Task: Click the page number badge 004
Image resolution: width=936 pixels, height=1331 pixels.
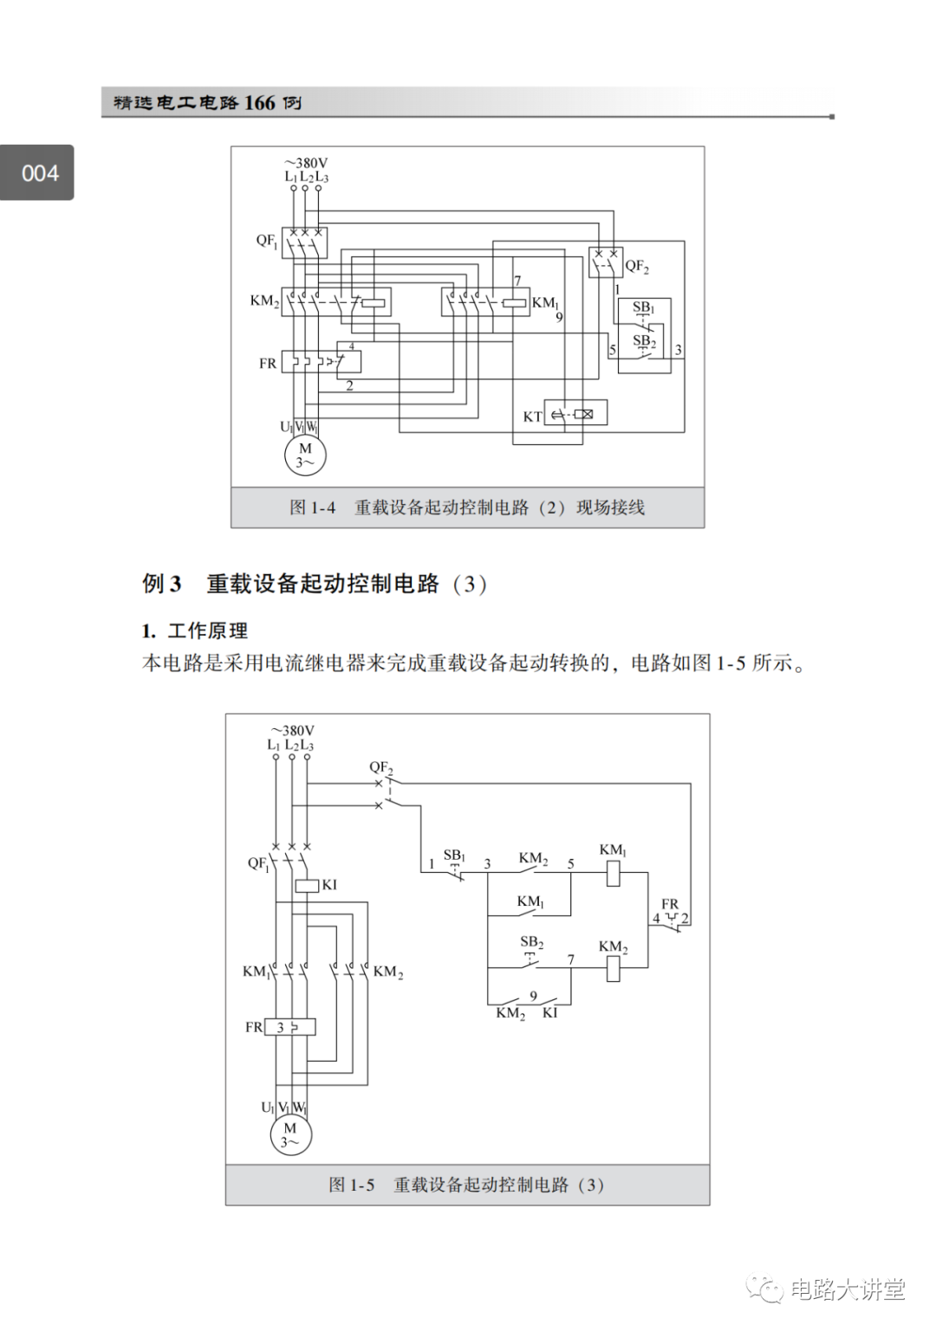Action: [x=39, y=173]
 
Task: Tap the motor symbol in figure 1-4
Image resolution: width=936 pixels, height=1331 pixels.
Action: [x=305, y=456]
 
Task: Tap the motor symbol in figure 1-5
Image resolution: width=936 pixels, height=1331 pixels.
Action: [x=289, y=1134]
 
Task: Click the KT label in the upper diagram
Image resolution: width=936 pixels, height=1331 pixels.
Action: [x=532, y=417]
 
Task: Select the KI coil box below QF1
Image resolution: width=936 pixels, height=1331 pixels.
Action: [x=307, y=885]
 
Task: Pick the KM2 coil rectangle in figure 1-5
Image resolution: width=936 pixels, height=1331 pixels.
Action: [x=613, y=968]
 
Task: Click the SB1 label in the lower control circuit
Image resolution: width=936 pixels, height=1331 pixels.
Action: [x=454, y=856]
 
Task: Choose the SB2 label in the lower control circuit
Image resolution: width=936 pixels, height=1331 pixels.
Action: [x=531, y=941]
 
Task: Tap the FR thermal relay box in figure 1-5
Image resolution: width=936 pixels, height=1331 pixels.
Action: [x=290, y=1027]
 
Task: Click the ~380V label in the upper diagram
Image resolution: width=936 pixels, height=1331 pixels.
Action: [x=306, y=163]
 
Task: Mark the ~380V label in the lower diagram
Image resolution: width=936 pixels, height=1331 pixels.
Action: [x=292, y=731]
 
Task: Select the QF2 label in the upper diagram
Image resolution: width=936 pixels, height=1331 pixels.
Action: [x=637, y=266]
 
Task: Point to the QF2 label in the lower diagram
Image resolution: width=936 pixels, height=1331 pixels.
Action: [x=381, y=767]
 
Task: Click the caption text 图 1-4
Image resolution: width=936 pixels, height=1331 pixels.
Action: [x=312, y=507]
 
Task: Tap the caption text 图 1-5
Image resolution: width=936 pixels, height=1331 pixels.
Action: [x=351, y=1185]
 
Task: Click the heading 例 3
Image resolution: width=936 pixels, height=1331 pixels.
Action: [x=162, y=584]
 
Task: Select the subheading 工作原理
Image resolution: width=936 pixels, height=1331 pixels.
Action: [x=207, y=630]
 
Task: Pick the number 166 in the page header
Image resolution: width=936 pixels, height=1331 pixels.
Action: [x=259, y=102]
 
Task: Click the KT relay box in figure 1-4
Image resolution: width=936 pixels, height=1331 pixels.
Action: [x=575, y=413]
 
